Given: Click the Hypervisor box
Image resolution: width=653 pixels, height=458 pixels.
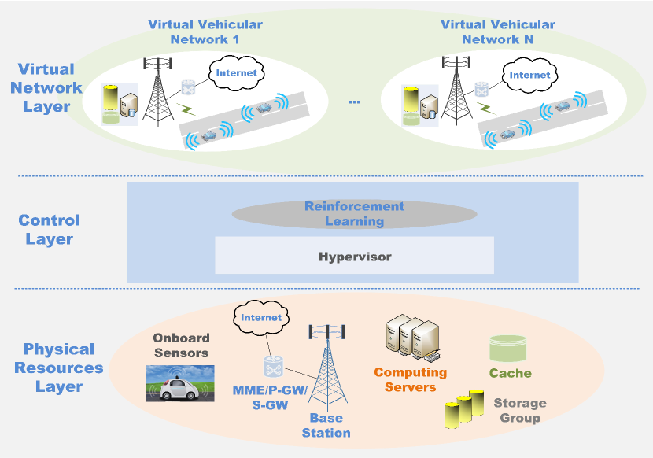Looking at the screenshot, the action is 354,256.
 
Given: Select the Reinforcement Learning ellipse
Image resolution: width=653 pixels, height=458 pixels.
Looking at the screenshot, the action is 354,214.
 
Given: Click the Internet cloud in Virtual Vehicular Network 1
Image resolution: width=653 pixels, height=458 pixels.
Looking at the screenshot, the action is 237,73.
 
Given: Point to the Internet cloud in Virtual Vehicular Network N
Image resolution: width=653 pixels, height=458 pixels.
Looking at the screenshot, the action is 529,75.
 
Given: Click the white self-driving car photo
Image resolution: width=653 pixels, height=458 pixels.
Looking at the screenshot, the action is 180,384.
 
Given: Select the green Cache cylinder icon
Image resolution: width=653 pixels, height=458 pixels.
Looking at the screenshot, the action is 507,349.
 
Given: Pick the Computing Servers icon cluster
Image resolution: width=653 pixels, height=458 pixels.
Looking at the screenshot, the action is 412,338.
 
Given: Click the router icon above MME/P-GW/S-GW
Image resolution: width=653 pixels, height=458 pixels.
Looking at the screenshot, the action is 273,366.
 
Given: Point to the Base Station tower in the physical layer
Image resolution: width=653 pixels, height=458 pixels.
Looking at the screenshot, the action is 327,368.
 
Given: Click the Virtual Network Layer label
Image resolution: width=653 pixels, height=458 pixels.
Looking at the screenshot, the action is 46,87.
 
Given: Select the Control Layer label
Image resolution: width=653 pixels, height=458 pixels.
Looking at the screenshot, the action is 49,230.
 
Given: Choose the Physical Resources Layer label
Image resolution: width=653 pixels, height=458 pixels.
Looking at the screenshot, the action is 59,368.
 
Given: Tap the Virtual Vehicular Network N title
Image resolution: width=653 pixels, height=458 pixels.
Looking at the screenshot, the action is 498,31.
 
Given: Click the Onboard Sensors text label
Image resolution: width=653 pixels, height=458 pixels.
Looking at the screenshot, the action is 181,345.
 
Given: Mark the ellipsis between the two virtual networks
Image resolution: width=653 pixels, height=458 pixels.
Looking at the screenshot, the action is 354,102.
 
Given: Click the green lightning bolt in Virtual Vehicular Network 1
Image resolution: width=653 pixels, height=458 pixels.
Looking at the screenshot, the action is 187,109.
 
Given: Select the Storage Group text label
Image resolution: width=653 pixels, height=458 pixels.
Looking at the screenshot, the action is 520,411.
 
